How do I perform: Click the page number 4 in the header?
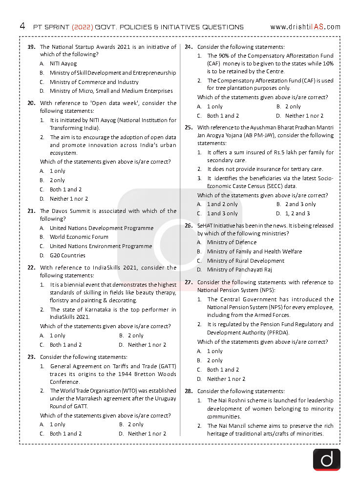(22, 26)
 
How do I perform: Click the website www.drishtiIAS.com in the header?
(305, 27)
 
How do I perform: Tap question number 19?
(31, 47)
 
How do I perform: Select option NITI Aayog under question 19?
(63, 63)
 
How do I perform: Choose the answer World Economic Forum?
(79, 237)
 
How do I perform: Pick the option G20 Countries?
(67, 255)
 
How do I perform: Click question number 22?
(31, 268)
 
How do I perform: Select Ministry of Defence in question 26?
(232, 242)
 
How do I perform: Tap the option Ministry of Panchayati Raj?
(239, 270)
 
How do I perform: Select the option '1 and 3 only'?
(222, 213)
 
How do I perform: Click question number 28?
(189, 391)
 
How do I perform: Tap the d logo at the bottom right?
(326, 459)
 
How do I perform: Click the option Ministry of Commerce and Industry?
(94, 82)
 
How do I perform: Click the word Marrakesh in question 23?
(79, 398)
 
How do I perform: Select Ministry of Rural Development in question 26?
(245, 261)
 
